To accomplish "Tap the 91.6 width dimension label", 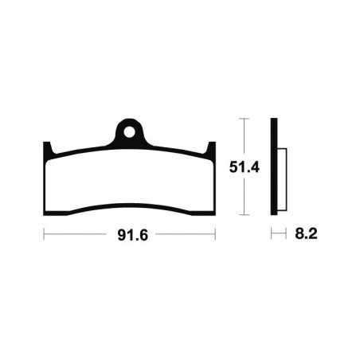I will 130,236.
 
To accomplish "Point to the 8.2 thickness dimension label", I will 299,236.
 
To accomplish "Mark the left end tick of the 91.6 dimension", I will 43,236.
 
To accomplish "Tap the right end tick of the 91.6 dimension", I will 216,236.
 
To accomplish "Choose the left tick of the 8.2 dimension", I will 271,236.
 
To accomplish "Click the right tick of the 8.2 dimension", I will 284,236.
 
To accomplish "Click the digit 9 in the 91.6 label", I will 118,236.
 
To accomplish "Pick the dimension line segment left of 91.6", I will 76,236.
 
